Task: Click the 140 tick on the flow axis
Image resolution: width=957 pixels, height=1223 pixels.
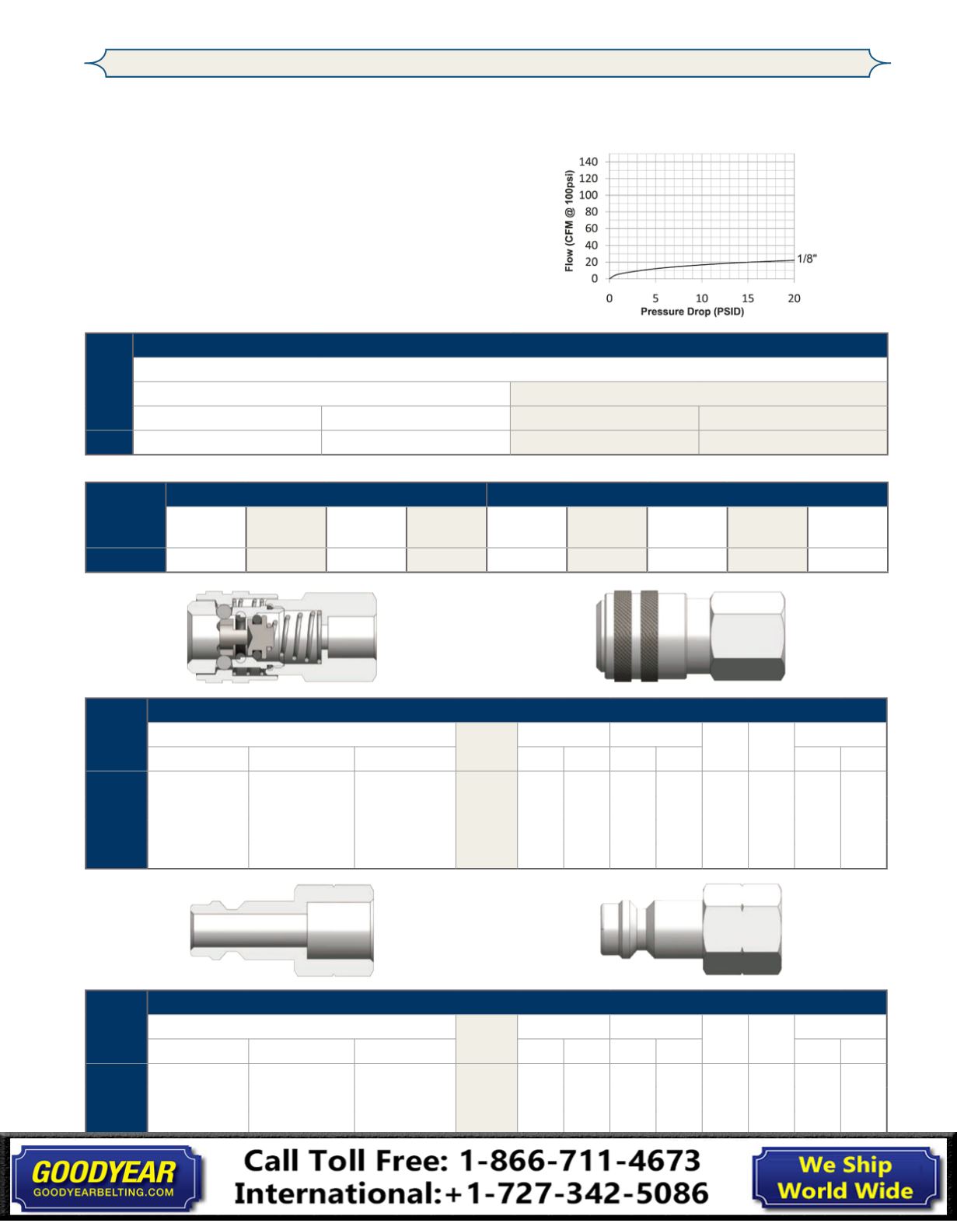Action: coord(589,162)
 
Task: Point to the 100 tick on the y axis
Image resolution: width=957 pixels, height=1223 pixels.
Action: coord(589,195)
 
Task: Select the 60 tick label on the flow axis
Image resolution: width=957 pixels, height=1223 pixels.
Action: coord(591,228)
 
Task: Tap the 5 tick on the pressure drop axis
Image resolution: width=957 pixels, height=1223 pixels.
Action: coord(655,298)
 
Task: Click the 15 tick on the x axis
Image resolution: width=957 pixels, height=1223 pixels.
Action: coord(748,298)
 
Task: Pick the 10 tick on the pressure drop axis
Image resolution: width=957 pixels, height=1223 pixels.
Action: coord(701,298)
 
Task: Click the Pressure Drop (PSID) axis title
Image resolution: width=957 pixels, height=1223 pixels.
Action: coord(693,312)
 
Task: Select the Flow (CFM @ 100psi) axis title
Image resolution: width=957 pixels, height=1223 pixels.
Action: coord(569,221)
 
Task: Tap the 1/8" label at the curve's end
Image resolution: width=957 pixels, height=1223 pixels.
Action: coord(807,259)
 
